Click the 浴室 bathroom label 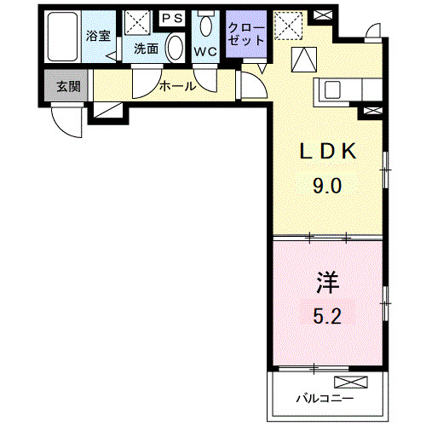[x=99, y=36]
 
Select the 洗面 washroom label [x=146, y=49]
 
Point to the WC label [x=205, y=50]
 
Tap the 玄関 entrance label [x=67, y=85]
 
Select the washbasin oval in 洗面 [x=175, y=46]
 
